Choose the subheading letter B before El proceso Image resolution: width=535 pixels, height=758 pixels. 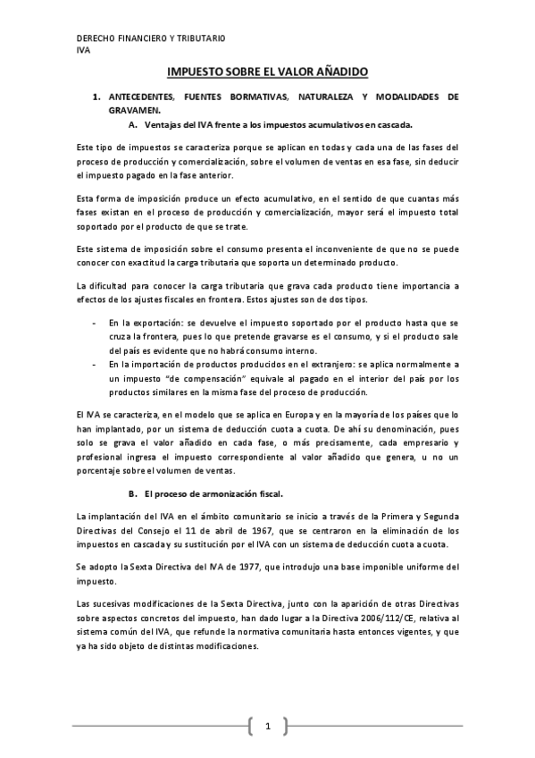(133, 493)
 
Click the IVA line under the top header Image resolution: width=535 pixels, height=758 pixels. (84, 50)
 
